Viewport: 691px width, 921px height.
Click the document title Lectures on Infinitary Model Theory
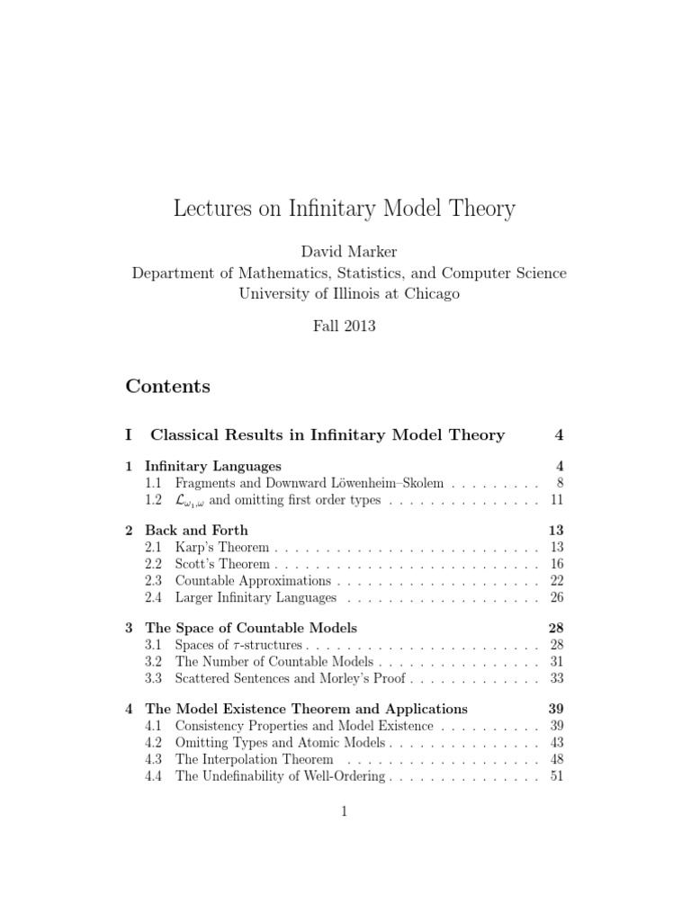coord(345,209)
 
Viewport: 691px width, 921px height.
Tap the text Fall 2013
coord(345,326)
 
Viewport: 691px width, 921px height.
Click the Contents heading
coord(168,387)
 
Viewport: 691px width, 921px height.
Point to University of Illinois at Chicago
coord(345,293)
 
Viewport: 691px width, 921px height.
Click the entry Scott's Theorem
coord(222,564)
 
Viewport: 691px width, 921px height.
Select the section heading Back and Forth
coord(196,530)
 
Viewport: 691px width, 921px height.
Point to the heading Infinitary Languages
coord(213,466)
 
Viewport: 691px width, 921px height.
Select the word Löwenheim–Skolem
coord(396,483)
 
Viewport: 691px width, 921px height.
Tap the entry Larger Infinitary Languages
coord(256,597)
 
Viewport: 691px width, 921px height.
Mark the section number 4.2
coord(154,742)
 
